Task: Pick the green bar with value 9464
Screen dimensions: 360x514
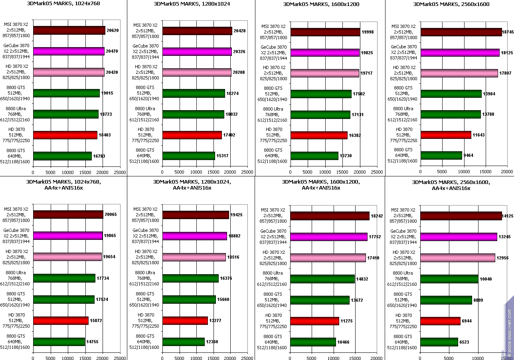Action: [x=441, y=155]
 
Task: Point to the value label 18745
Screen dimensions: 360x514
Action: [x=508, y=32]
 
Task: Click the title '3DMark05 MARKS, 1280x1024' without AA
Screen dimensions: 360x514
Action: [x=191, y=4]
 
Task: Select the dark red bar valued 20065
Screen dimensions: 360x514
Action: [x=68, y=215]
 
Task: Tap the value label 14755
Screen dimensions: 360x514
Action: [x=93, y=342]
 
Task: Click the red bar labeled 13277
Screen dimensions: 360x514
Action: [x=185, y=320]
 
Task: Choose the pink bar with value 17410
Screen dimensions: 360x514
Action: [x=328, y=258]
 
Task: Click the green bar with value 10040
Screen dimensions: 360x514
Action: [x=449, y=279]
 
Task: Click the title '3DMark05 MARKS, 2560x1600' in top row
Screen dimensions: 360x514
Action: [x=449, y=4]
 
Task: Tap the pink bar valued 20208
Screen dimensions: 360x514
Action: [x=197, y=72]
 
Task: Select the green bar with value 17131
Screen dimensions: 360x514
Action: [x=320, y=115]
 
